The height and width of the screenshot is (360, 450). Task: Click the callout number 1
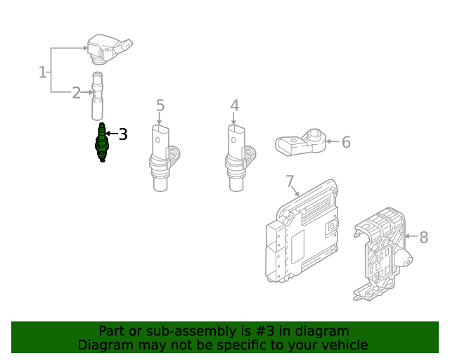coord(42,72)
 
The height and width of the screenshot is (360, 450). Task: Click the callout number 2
coord(76,93)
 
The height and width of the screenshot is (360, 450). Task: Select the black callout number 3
coord(123,134)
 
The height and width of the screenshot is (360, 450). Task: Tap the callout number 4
coord(234,106)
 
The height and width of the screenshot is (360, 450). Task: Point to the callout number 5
coord(160,106)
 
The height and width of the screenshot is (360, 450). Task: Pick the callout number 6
coord(345,143)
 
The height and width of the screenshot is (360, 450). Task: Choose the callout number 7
coord(290,183)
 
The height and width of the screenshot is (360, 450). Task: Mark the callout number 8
coord(423,238)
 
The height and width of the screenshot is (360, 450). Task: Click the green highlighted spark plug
coord(102,143)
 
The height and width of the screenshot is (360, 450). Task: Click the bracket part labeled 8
coord(380,253)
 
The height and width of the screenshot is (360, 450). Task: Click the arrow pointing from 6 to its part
coord(331,143)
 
